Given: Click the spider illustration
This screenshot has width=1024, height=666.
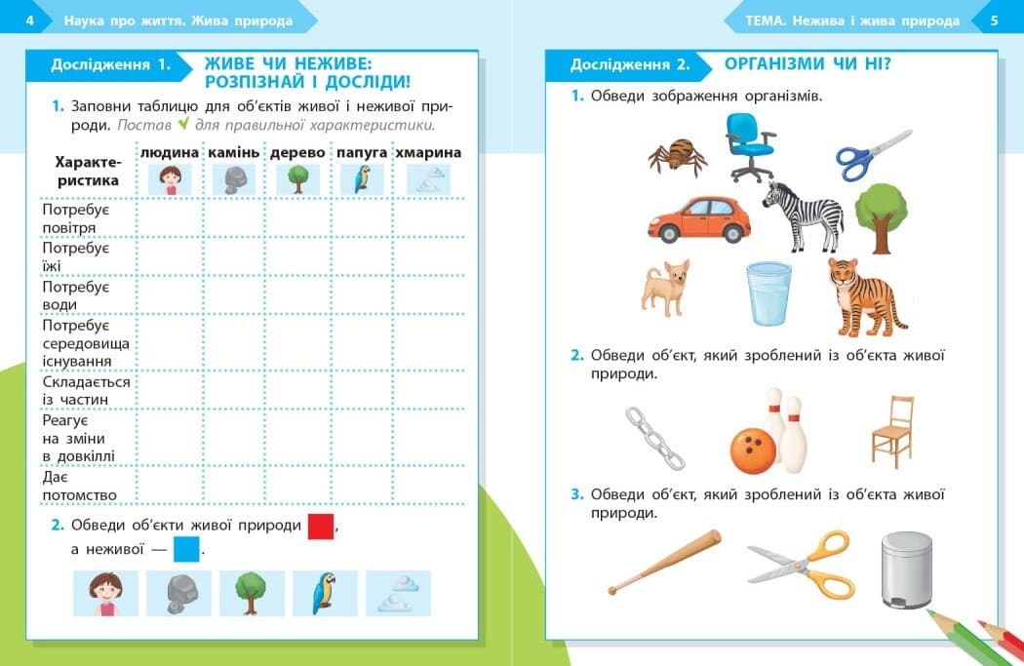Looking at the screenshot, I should (674, 155).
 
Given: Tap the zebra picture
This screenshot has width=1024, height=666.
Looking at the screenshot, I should (804, 215).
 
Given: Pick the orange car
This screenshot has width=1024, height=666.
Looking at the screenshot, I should (698, 219).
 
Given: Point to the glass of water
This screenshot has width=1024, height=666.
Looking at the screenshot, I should (768, 294).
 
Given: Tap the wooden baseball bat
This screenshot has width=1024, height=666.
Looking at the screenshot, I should (663, 563).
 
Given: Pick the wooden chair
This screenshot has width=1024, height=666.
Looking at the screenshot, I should (892, 432).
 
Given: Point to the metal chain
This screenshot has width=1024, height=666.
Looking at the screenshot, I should (654, 437).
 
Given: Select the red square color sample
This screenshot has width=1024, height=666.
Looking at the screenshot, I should (321, 526).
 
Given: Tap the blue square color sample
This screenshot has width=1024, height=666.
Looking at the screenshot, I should (185, 550).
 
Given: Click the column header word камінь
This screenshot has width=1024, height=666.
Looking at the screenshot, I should (233, 153).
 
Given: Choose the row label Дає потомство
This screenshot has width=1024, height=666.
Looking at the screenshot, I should (79, 487).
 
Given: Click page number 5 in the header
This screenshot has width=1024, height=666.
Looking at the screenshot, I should (994, 20).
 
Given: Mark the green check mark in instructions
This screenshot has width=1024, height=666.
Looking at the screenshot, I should (182, 125).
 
